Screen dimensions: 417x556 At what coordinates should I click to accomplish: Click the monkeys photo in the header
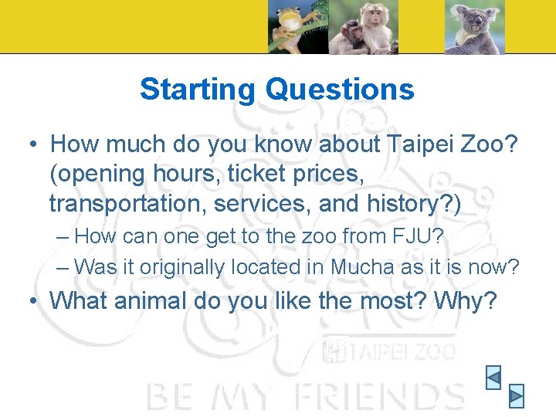pos(363,27)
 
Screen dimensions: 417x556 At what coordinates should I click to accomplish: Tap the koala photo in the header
pos(474,27)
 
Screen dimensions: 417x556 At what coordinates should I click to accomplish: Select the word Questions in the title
pos(340,90)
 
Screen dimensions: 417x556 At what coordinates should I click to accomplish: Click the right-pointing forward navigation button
pos(517,395)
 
